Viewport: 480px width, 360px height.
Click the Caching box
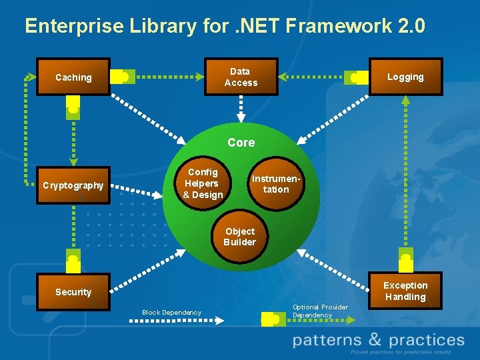[x=73, y=77]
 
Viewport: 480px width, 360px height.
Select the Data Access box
[x=241, y=77]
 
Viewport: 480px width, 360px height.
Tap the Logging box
[x=405, y=77]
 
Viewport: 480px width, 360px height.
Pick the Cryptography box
[x=73, y=185]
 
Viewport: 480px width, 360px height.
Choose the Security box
[x=73, y=292]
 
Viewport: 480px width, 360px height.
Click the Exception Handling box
[x=405, y=291]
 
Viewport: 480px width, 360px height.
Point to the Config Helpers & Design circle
[x=202, y=183]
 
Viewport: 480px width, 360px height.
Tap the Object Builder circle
[x=239, y=237]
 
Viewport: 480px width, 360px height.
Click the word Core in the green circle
[x=241, y=143]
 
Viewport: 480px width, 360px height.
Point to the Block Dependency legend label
[x=171, y=312]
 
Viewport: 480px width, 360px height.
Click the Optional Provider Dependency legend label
[x=320, y=311]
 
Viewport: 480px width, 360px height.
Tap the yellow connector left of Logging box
[x=359, y=77]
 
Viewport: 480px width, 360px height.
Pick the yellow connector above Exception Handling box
[x=405, y=256]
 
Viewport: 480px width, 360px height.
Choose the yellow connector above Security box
[x=73, y=257]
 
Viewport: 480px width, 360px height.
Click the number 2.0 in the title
[x=408, y=26]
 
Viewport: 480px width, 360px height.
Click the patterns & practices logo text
[x=379, y=341]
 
